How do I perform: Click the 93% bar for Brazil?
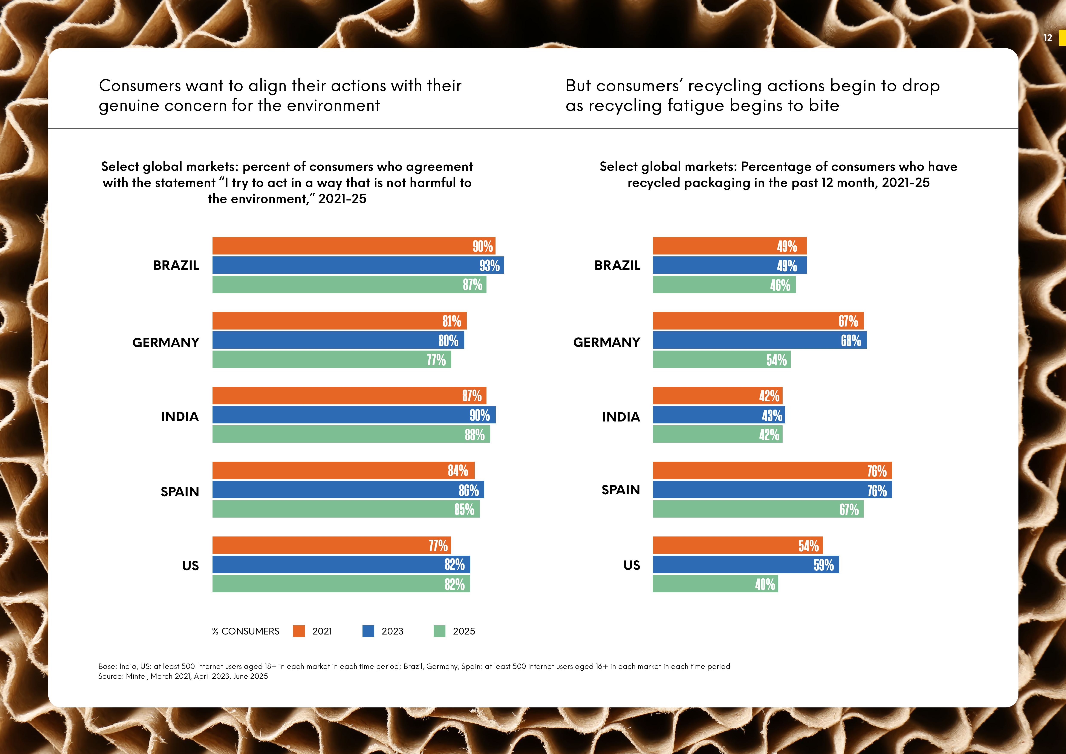pos(358,265)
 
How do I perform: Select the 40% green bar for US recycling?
pos(715,584)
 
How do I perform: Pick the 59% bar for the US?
pos(745,565)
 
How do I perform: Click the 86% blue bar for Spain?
pos(348,490)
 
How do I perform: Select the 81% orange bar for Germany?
pos(339,321)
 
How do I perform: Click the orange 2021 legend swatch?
pos(299,631)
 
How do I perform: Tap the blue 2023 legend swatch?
pos(368,631)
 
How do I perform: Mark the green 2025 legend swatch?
pos(439,631)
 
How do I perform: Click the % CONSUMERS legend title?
pos(246,631)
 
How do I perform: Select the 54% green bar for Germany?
pos(722,359)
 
